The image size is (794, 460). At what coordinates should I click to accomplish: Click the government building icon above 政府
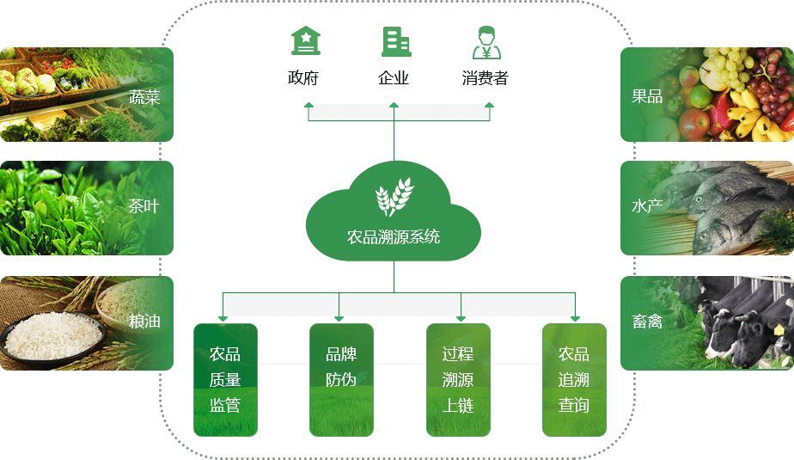(305, 41)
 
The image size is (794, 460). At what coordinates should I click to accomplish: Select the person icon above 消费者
(486, 41)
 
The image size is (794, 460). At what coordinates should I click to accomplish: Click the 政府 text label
(303, 78)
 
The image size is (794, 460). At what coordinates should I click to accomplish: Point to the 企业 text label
(394, 78)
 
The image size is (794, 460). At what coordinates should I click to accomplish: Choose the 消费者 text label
(486, 78)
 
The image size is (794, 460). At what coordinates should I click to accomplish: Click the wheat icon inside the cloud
(394, 196)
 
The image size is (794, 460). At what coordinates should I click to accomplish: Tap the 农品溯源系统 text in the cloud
(394, 236)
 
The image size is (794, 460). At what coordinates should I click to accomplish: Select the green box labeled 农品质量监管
(225, 379)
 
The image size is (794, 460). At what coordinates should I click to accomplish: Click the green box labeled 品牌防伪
(341, 379)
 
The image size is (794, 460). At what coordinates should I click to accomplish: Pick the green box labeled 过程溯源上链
(458, 379)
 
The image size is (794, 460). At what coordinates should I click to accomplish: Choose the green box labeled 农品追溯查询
(574, 379)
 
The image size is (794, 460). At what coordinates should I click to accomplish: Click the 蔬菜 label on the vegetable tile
(144, 97)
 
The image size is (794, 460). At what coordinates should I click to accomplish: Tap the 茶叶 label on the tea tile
(144, 206)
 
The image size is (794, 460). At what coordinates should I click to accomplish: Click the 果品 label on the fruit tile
(647, 96)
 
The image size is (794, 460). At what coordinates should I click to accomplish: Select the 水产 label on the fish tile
(647, 206)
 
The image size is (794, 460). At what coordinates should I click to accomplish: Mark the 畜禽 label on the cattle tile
(647, 322)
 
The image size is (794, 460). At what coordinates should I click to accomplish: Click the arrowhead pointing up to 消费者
(490, 106)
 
